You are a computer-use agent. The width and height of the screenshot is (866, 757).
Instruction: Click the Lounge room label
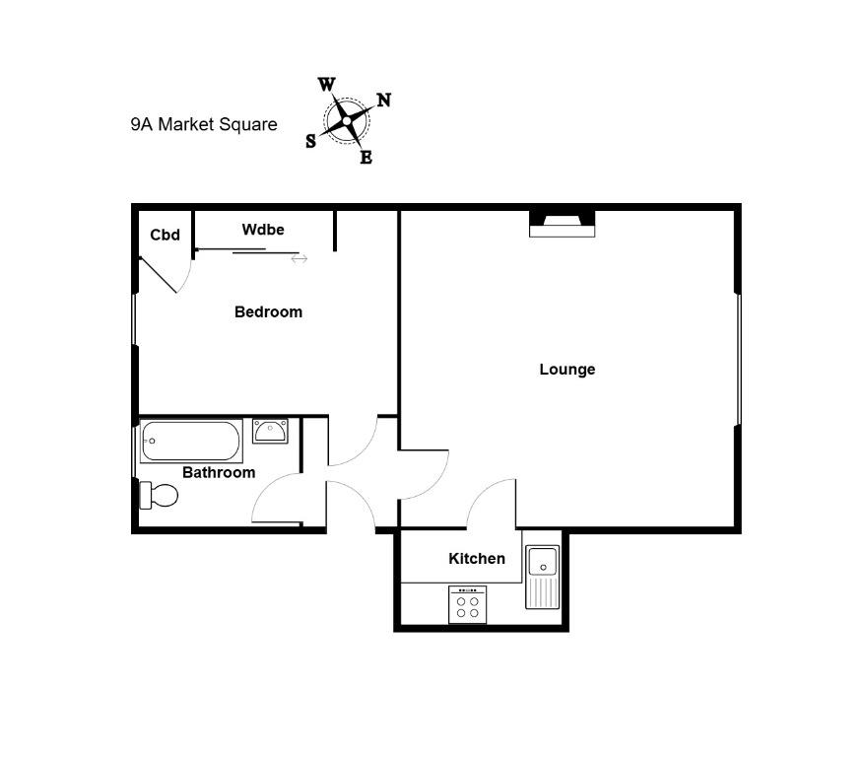click(567, 369)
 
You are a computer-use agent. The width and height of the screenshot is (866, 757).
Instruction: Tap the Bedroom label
click(268, 311)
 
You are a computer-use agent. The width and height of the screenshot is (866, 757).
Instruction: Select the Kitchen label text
click(477, 559)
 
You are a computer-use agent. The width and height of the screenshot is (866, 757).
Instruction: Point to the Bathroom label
click(219, 472)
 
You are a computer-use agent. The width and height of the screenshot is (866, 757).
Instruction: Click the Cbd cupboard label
click(166, 235)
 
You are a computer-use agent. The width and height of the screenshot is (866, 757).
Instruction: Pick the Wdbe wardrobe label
click(263, 230)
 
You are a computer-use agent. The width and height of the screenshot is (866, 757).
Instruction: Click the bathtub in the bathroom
click(191, 441)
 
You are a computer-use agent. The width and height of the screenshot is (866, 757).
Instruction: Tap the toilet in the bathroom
click(159, 495)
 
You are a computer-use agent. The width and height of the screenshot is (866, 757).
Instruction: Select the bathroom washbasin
click(270, 431)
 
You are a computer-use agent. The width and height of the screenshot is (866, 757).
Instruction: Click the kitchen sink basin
click(543, 562)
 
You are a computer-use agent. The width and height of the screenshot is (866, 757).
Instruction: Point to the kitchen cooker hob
click(468, 604)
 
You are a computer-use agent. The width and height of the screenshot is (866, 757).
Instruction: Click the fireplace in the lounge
click(563, 224)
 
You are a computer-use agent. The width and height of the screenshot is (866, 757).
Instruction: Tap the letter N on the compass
click(384, 100)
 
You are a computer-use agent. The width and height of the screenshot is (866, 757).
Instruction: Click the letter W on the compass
click(326, 85)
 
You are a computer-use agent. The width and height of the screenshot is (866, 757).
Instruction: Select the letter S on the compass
click(311, 142)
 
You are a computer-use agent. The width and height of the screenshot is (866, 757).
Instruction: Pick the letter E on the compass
click(366, 158)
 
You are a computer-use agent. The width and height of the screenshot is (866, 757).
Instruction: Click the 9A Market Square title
click(204, 124)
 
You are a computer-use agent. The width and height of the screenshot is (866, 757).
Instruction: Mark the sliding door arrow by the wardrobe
click(299, 258)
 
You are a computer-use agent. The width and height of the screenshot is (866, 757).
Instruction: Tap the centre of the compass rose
click(346, 121)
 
